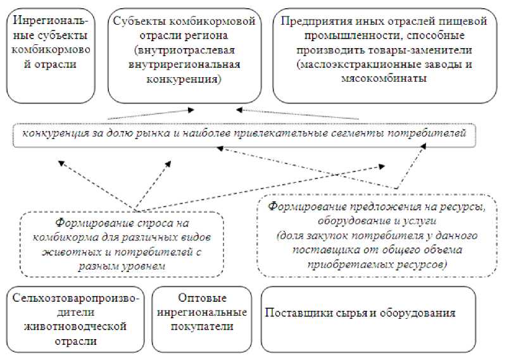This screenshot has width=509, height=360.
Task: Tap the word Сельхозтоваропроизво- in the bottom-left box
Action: [x=76, y=298]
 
